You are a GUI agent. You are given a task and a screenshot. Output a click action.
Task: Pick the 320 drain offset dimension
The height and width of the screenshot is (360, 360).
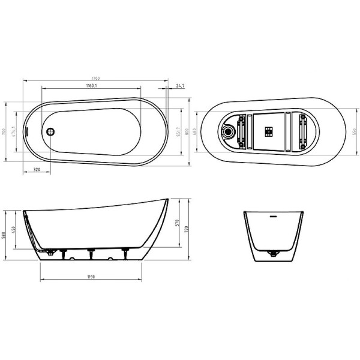coord(37,171)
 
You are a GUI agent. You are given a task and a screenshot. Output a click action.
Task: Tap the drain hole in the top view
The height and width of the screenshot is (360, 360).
coord(50,130)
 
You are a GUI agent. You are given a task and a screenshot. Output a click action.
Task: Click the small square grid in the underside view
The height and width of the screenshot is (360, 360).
coord(268,130)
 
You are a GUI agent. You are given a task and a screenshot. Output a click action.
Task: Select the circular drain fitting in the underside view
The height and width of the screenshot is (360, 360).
coord(229,130)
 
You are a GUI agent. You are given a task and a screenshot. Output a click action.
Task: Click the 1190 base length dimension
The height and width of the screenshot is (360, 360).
coord(90,278)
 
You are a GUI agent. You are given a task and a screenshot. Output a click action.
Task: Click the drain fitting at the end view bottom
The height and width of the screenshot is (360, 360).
coord(274,254)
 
